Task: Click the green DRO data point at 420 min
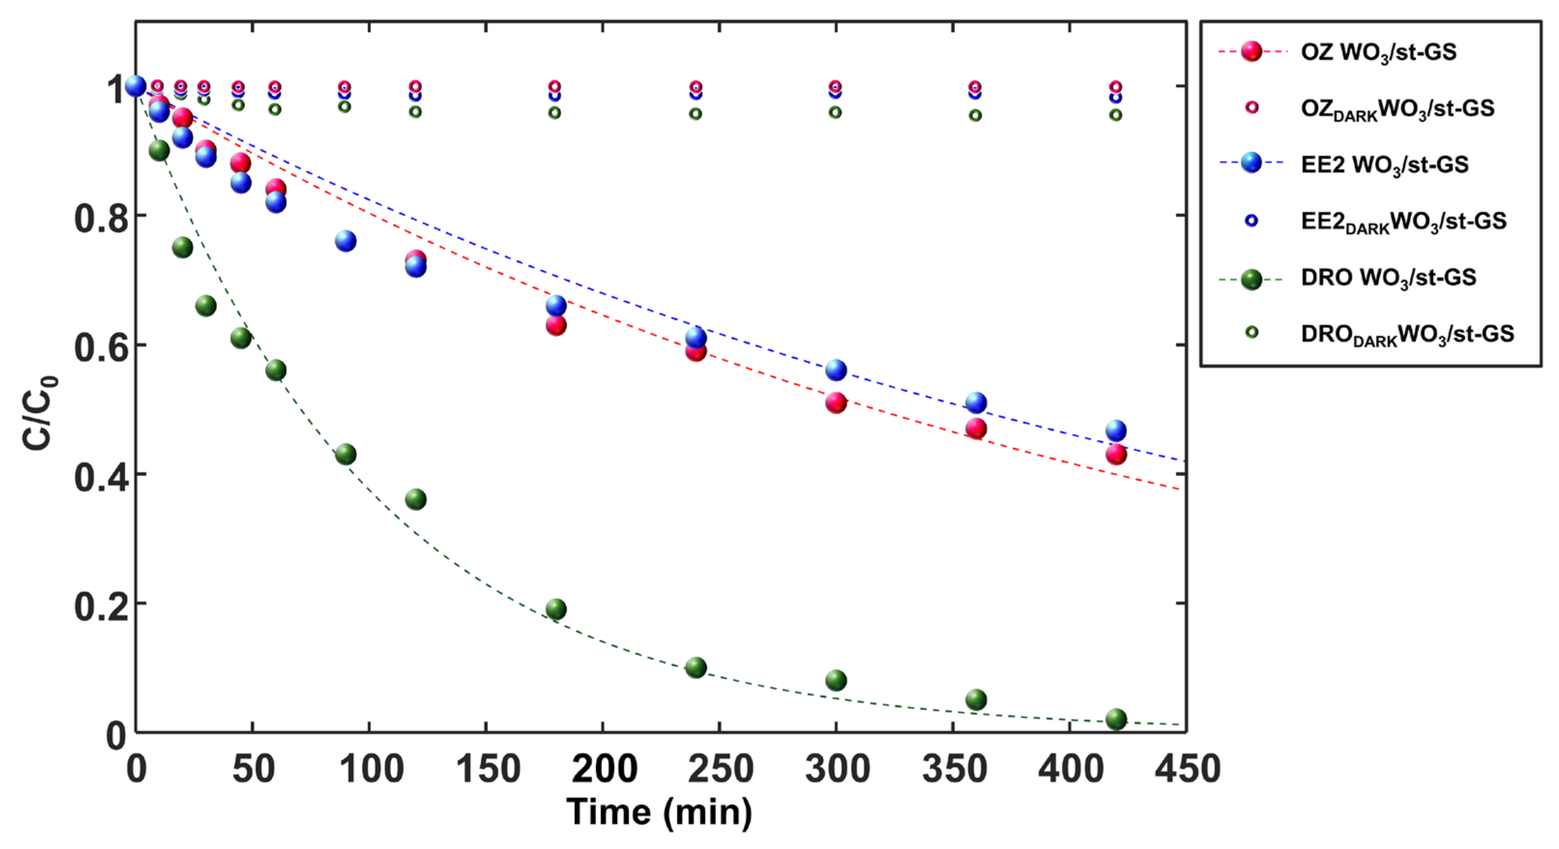1116,719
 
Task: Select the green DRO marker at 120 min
415,499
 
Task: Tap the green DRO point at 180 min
556,609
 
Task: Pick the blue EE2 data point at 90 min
346,241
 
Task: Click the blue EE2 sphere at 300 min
836,370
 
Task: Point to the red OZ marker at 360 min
976,428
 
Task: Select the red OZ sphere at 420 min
1116,454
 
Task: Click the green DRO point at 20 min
182,247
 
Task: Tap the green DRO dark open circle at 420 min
1116,115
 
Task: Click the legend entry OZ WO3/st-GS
1378,52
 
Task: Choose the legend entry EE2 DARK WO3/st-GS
1403,221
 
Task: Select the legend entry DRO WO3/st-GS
1388,278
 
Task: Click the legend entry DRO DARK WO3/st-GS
1407,334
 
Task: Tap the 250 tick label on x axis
720,770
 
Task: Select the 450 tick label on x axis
1187,770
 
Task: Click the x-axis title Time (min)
659,812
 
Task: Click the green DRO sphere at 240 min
695,668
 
